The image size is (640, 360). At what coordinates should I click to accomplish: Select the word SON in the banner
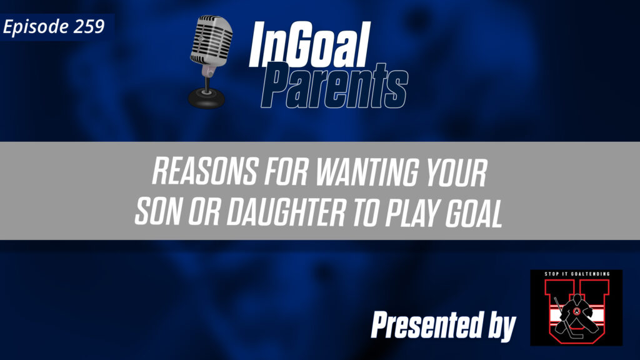[156, 212]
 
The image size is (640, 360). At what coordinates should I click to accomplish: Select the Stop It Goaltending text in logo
[576, 276]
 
